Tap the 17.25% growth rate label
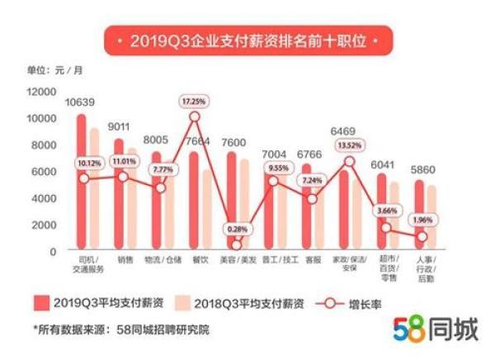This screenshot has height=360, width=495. tap(195, 101)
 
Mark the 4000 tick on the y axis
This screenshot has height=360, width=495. tap(44, 198)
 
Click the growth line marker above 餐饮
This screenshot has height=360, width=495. tap(195, 117)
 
